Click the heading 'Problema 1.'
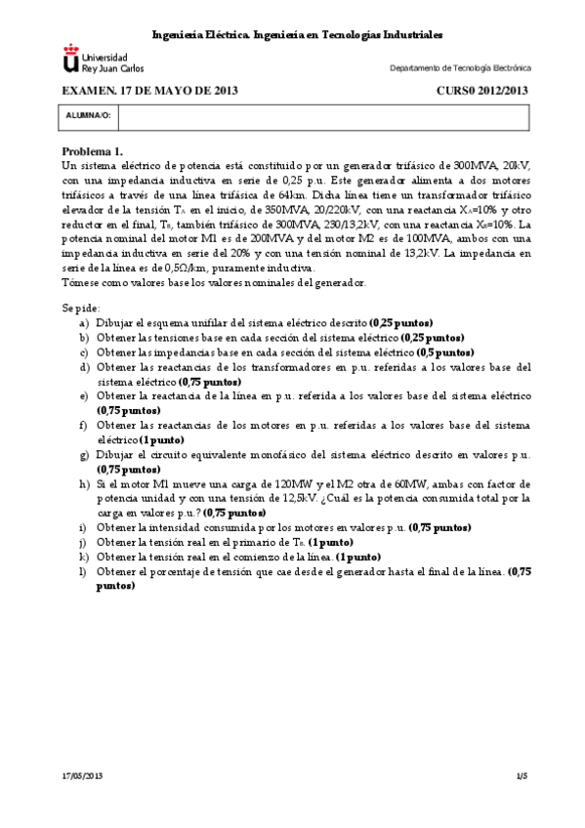pos(93,151)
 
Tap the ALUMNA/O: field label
pos(88,116)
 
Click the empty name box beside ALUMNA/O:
pos(322,116)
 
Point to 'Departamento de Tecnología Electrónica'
pos(460,68)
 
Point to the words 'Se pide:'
pos(80,308)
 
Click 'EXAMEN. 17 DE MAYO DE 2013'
pos(149,90)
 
